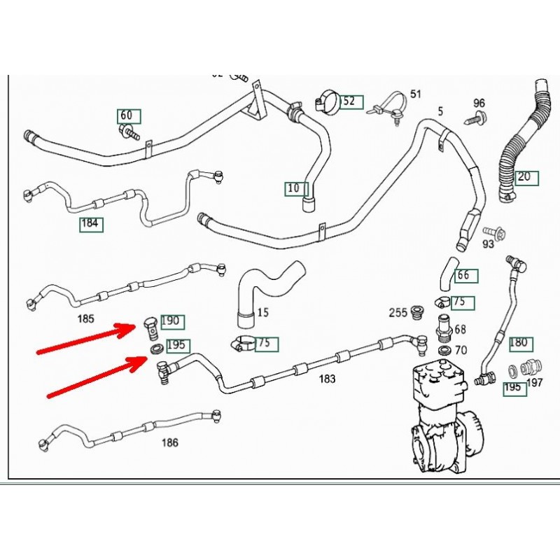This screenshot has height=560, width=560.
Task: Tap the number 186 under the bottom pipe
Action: pos(169,442)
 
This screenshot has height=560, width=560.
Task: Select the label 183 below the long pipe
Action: pos(326,379)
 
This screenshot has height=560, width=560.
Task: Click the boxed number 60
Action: pos(128,115)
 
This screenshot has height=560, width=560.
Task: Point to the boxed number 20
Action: pos(526,177)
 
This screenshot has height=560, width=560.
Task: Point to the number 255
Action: pos(398,314)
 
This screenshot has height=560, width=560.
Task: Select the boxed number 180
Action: pos(519,343)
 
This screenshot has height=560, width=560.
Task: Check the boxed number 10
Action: pos(294,188)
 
